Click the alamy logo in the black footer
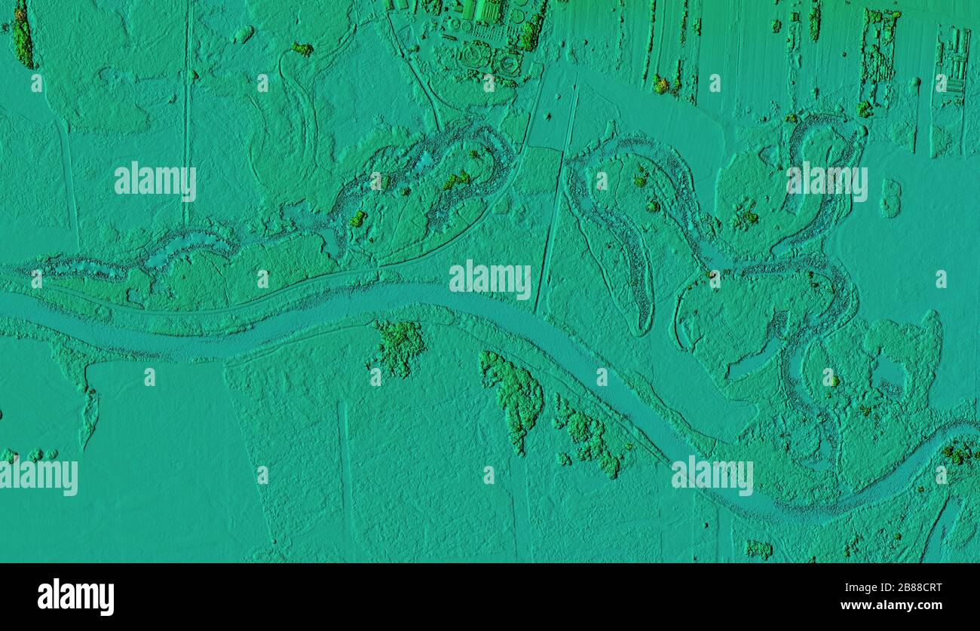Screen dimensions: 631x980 click(76, 597)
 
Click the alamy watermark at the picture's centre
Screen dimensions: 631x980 click(490, 280)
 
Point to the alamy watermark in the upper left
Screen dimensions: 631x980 click(155, 181)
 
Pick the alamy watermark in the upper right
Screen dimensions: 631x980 click(827, 182)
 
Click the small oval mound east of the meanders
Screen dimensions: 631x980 click(890, 198)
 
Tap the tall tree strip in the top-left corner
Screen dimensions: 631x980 click(22, 34)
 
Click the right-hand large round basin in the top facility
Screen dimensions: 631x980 click(509, 63)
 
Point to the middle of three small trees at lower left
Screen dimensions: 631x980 click(35, 455)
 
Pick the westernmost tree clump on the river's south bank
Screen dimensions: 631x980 click(398, 347)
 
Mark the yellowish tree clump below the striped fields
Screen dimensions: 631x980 click(661, 84)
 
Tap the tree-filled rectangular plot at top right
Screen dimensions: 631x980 click(879, 53)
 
